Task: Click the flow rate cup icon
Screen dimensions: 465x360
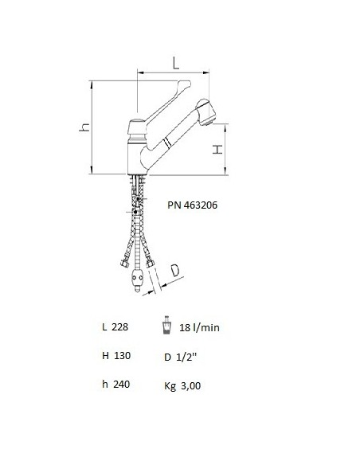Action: [x=168, y=327]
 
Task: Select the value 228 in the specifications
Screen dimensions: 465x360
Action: [x=119, y=327]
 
